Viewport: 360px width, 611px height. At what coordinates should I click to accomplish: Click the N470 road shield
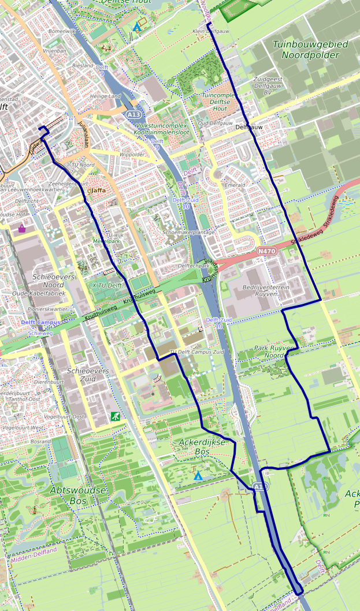pos(266,251)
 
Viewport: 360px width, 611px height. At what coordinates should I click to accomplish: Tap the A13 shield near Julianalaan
pos(132,116)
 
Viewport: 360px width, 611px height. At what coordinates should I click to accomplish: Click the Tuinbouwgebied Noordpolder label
pos(310,50)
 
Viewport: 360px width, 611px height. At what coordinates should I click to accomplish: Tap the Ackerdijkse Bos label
pos(193,447)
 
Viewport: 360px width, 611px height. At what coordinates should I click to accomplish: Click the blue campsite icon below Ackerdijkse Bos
pos(198,476)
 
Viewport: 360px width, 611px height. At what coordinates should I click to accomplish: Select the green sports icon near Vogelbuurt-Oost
pos(116,416)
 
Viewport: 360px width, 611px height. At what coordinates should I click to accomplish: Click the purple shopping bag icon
pos(22,229)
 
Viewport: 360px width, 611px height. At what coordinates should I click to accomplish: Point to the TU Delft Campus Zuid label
pos(196,352)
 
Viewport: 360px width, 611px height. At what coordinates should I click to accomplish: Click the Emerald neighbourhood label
pos(235,185)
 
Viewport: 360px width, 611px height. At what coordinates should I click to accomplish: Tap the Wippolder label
pos(132,155)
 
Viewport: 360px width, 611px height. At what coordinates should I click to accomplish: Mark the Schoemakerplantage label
pos(188,232)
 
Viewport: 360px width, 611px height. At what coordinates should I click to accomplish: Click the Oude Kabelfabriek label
pos(39,293)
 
